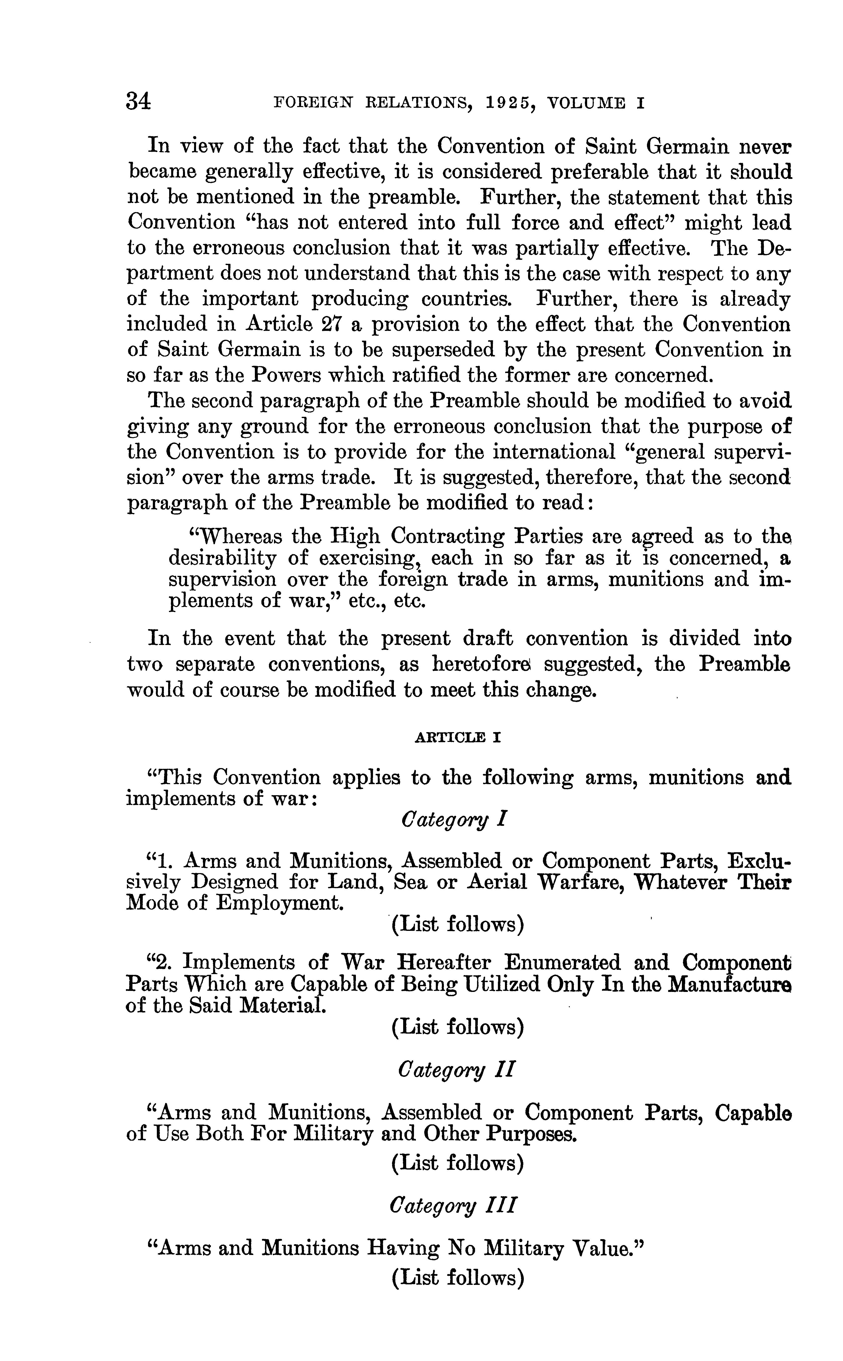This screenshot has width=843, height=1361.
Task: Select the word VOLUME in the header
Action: [x=587, y=103]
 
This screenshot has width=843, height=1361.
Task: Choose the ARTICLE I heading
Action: [x=458, y=737]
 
